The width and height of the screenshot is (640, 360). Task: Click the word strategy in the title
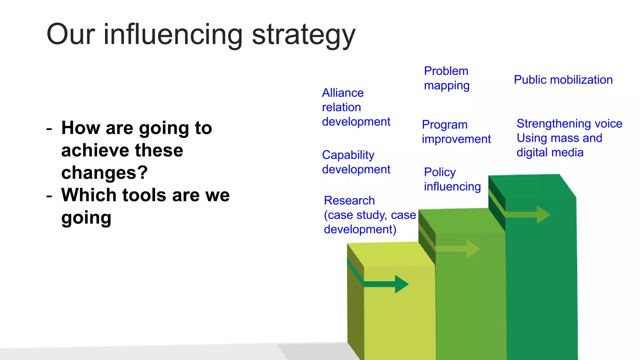303,35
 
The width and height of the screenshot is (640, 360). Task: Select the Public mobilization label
563,80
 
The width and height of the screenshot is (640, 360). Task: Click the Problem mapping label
446,78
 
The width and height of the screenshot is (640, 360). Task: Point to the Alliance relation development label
356,107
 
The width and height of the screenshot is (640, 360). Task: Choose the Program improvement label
456,132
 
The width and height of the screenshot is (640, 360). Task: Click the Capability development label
356,162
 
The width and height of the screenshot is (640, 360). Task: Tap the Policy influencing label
452,179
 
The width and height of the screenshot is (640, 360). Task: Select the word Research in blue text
349,200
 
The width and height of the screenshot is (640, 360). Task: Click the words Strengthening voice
569,123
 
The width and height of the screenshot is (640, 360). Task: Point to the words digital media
550,152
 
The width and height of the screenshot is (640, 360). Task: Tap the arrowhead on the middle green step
473,249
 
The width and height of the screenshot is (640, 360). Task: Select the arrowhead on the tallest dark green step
543,215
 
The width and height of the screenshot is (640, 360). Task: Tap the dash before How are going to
49,129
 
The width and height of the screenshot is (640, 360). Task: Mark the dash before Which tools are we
49,196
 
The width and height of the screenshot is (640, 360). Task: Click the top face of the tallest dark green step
531,186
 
